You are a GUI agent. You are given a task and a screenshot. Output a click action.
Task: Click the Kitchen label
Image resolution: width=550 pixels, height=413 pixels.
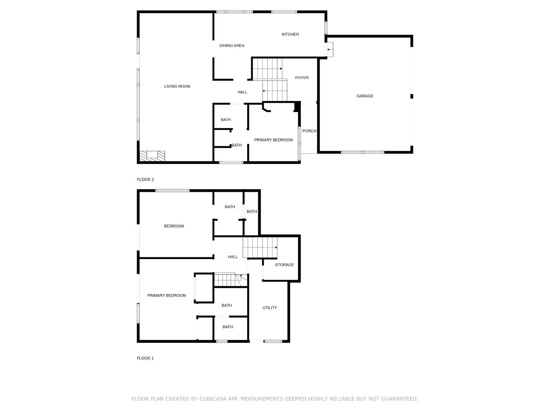290,35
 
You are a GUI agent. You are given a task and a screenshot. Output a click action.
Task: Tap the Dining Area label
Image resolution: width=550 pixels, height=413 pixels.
232,46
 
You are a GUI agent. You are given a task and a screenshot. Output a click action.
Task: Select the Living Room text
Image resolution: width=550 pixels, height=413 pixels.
177,87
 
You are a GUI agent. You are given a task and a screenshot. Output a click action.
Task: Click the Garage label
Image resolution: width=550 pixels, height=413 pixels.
365,96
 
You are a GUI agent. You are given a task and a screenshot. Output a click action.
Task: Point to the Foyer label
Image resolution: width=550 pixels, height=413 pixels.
302,78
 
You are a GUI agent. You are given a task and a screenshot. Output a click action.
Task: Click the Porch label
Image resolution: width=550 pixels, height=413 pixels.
309,131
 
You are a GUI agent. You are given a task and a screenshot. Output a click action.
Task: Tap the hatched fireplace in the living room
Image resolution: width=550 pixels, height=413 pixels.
152,156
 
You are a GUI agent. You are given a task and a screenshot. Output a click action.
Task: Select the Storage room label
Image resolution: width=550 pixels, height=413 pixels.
284,265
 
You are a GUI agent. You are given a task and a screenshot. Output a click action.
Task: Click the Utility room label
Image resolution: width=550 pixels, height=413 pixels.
269,308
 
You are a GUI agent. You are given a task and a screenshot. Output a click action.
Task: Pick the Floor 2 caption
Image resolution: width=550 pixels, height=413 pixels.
145,180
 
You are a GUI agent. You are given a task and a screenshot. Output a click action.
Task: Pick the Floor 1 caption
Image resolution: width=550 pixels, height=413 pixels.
145,358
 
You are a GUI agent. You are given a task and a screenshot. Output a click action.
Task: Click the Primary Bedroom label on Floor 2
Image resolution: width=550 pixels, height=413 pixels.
273,140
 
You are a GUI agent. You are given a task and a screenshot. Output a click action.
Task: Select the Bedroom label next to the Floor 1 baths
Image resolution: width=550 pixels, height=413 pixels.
174,226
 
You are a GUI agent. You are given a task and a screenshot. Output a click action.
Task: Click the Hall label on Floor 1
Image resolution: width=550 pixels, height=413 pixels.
233,257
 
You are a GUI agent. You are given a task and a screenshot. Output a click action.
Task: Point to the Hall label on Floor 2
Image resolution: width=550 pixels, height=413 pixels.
242,93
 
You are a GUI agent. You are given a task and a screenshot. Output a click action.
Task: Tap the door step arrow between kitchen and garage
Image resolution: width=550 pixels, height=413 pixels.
330,49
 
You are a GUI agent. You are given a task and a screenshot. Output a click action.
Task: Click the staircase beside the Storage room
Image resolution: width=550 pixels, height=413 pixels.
260,247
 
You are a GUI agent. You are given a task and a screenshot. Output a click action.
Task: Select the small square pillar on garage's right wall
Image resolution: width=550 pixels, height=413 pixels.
412,96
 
